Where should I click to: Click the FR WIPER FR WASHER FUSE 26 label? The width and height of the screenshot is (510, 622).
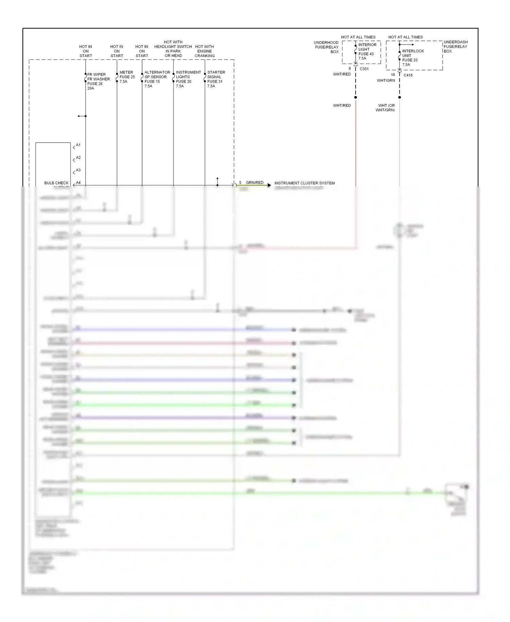[98, 81]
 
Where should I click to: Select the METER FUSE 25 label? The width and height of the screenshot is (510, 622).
[127, 77]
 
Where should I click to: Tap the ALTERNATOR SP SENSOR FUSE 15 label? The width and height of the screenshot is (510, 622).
[157, 79]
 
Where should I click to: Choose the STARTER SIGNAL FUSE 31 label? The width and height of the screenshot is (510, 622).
[216, 79]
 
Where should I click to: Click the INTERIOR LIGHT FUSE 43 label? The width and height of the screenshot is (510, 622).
[367, 51]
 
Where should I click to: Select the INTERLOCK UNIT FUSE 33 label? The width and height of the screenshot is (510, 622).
[413, 58]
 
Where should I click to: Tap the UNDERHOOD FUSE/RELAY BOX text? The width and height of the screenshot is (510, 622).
[326, 47]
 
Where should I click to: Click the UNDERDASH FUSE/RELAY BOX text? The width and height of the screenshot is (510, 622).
[455, 47]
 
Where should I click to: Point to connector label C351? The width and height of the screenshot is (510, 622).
[364, 69]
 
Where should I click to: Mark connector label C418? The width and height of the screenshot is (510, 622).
[408, 75]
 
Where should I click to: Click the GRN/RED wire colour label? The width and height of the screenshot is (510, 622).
[255, 183]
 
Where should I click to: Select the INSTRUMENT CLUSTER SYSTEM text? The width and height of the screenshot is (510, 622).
[304, 183]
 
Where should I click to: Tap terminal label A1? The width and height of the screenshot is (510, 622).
[78, 145]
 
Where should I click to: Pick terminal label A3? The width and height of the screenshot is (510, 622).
[78, 170]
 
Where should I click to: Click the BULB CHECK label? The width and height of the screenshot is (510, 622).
[56, 183]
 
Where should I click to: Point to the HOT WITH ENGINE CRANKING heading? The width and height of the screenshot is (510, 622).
[204, 51]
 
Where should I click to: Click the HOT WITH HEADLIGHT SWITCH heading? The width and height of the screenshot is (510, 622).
[173, 49]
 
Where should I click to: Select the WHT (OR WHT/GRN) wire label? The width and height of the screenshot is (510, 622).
[386, 108]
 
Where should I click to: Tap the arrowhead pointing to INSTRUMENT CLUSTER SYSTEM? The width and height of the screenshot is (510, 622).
[269, 185]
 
